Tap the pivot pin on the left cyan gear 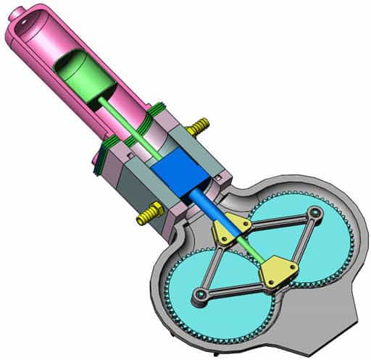[x=198, y=295]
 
